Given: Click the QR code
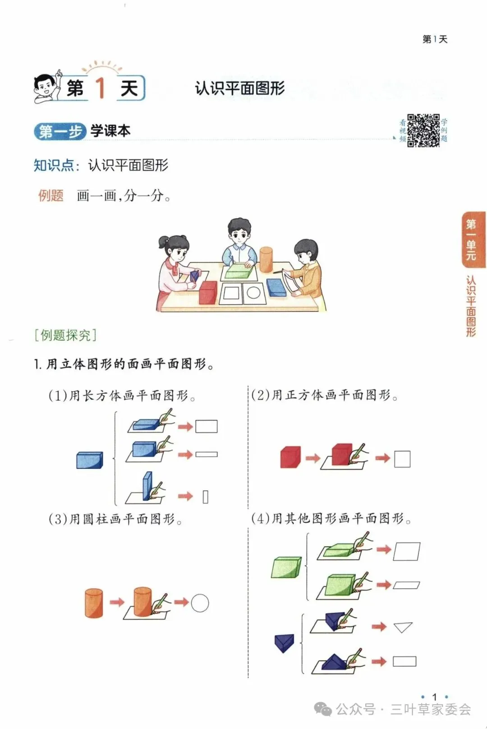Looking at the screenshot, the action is [423, 130].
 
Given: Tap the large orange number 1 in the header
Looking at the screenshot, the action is [101, 87].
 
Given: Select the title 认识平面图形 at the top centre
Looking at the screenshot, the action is [239, 88].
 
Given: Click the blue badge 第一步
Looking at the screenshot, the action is [60, 132].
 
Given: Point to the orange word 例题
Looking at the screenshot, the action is [51, 196].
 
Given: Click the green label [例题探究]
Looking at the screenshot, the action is [65, 335].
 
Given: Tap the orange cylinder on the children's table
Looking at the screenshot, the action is [266, 259].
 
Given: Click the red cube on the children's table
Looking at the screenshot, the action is [208, 292].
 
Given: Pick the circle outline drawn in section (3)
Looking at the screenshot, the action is [200, 603].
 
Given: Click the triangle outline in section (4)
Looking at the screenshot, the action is [403, 627].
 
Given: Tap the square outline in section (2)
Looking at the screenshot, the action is [402, 459].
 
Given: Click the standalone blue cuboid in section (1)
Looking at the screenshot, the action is [89, 460].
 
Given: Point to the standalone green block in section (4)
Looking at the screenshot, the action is [286, 567].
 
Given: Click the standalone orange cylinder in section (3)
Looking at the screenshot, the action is [94, 602].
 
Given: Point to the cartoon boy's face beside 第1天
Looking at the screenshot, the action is [45, 87].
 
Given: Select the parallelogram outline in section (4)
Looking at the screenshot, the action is [406, 551].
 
